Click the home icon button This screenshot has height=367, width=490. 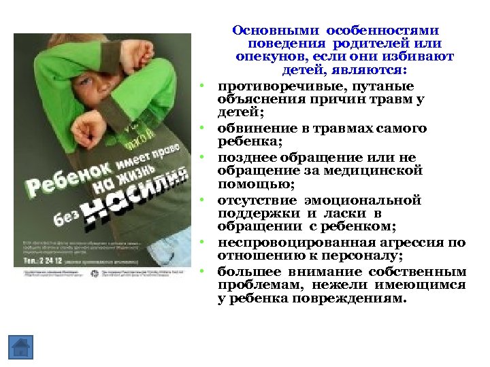pos(21,347)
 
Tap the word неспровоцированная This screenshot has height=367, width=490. pos(287,243)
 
